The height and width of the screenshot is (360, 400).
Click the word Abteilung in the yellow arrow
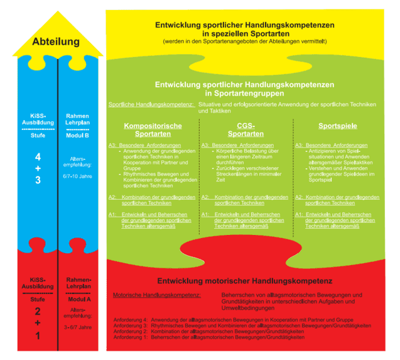(x=56, y=42)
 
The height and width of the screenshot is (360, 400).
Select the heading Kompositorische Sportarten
(x=153, y=130)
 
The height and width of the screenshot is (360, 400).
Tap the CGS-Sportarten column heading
(x=246, y=130)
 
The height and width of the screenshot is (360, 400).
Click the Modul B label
(x=78, y=135)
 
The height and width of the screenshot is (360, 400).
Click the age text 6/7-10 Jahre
(x=78, y=177)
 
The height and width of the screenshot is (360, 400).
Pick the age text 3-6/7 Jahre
(x=78, y=327)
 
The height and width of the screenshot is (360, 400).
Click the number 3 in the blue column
(x=38, y=180)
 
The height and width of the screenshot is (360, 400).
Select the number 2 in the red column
(x=38, y=312)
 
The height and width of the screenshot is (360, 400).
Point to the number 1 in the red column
(x=38, y=335)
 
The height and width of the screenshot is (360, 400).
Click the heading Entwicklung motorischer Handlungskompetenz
(x=244, y=281)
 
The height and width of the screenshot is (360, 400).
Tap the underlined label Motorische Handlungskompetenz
(x=157, y=295)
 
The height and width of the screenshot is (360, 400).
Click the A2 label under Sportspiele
(x=299, y=197)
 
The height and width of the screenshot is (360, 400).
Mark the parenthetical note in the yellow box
(x=244, y=42)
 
